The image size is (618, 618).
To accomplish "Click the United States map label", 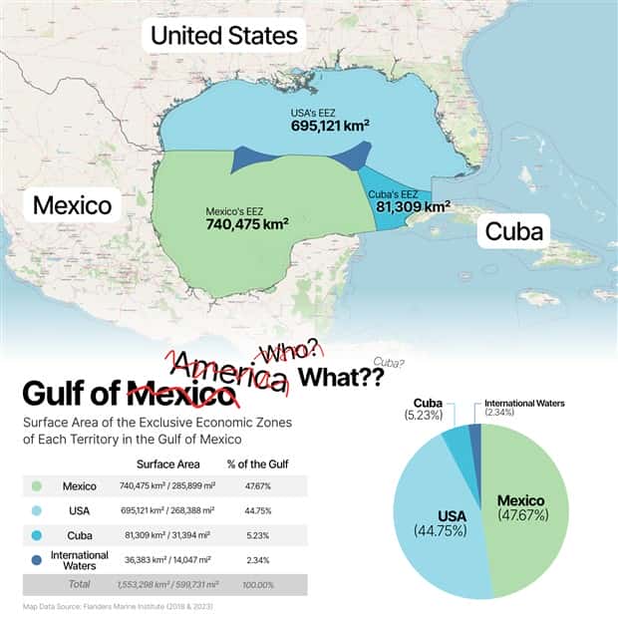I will [x=224, y=36].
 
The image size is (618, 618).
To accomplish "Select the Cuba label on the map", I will [x=513, y=232].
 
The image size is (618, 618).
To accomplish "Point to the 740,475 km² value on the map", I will [x=247, y=224].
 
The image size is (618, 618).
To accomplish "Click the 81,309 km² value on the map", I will [x=413, y=207].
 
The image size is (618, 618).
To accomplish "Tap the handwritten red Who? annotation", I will [x=289, y=350].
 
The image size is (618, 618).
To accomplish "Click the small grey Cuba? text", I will [x=388, y=362].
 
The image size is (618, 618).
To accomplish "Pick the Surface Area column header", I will [x=167, y=464].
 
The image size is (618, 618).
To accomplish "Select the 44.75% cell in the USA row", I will [x=257, y=510].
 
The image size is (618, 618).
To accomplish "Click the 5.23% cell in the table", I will [x=257, y=534].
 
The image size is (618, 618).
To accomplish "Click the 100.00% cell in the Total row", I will [x=257, y=582].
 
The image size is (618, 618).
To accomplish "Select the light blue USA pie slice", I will [x=439, y=528].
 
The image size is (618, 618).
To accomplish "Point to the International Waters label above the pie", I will [x=524, y=403].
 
